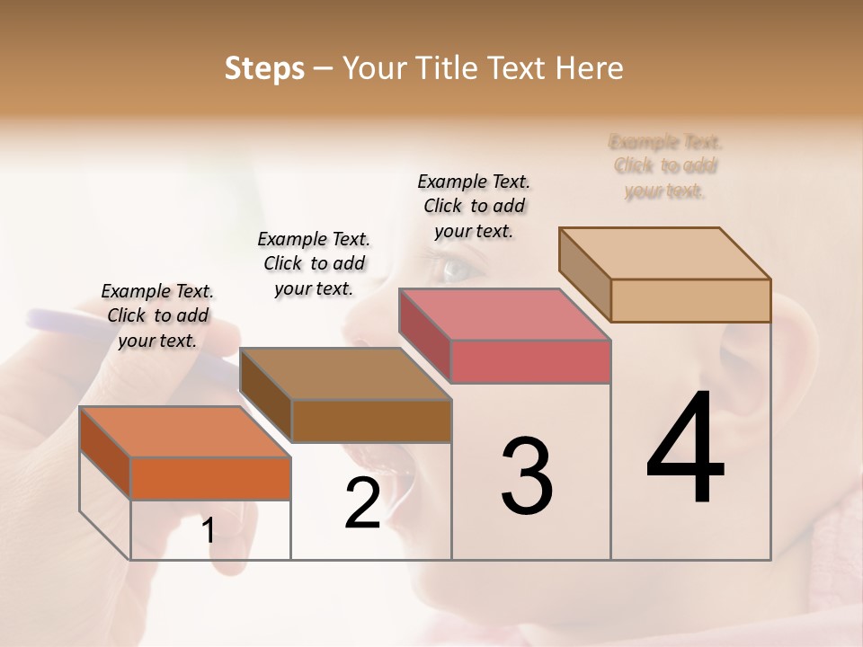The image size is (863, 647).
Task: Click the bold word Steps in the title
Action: pos(264,68)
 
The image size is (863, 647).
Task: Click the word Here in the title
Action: pos(589,68)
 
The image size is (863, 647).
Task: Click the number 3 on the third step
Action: pos(526,475)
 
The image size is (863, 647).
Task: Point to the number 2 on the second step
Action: pos(362,503)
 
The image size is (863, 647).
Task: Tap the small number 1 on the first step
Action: pos(209,531)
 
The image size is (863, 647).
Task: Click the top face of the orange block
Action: pos(184,431)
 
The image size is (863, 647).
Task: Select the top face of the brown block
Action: pos(344,374)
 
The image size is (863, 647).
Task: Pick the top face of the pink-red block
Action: pos(504,315)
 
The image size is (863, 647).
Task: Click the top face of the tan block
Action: pos(664,253)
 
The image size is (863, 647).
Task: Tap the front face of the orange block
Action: pos(210,478)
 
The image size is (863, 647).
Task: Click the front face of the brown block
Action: pos(371,421)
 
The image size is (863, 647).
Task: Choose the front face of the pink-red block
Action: pos(530,361)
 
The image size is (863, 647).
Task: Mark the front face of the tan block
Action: pos(690,300)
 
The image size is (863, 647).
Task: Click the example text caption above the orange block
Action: pos(157,315)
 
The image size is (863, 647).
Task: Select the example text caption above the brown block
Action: pos(314,263)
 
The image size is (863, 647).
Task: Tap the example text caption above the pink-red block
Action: pos(474,206)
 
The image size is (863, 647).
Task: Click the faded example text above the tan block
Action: pos(665,166)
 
